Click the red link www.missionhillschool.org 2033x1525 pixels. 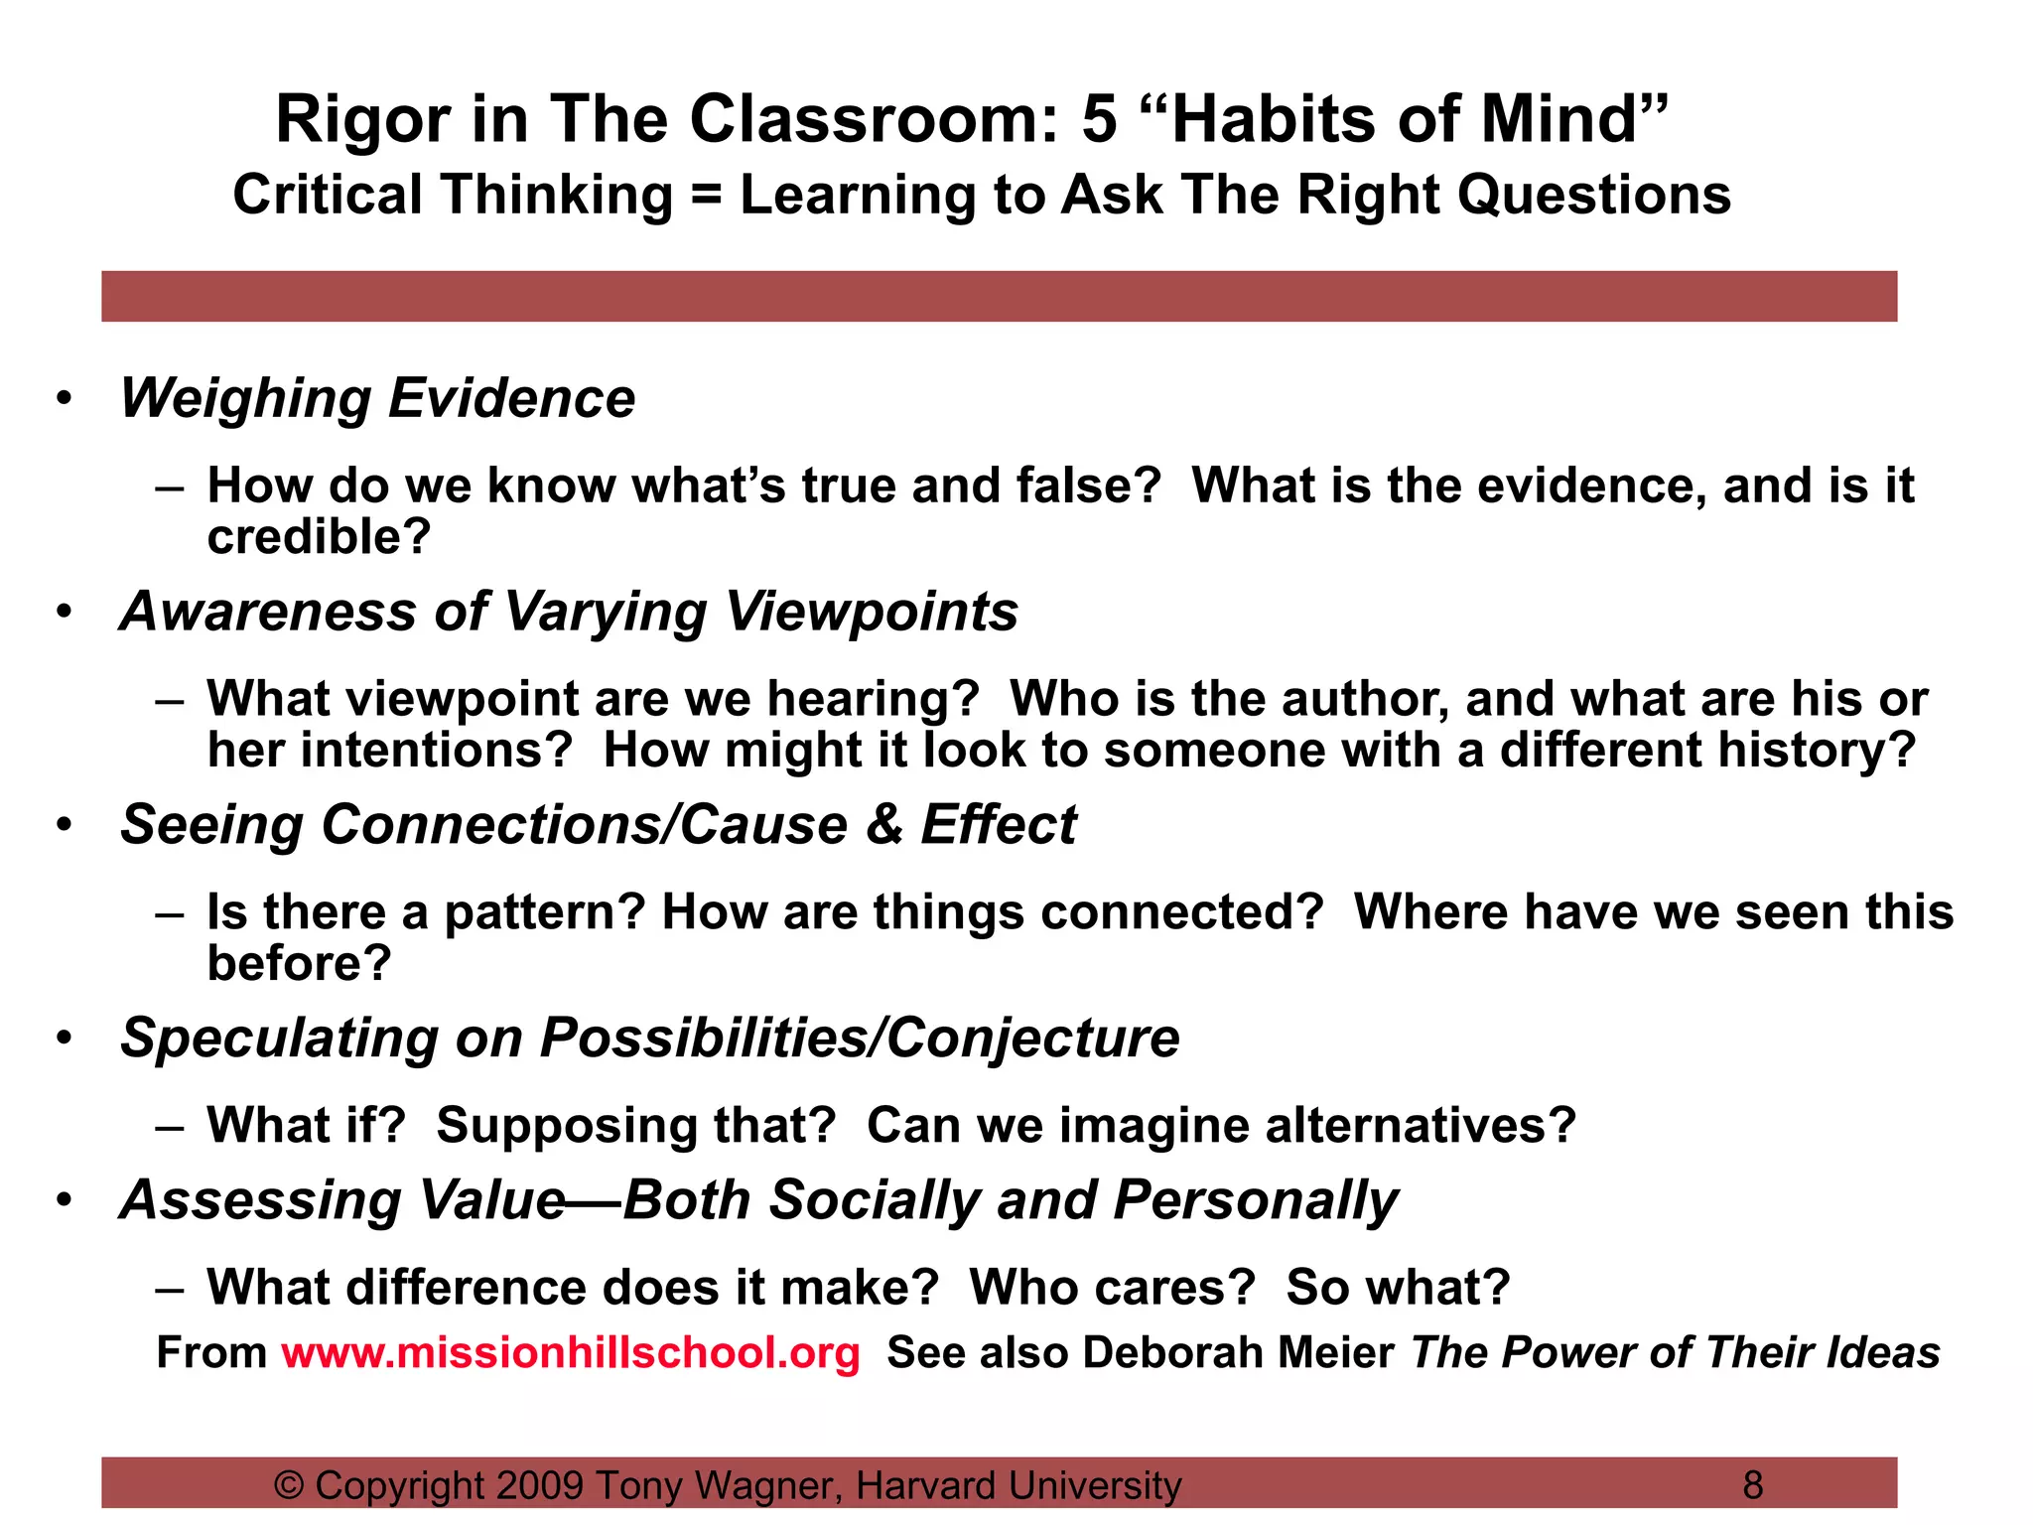point(570,1352)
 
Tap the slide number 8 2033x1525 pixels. point(1753,1485)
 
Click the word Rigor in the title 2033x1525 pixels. point(363,119)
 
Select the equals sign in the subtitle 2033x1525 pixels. point(706,195)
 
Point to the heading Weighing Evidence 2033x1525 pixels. point(377,399)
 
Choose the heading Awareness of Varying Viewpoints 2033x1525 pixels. point(569,612)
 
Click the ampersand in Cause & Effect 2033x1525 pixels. point(883,824)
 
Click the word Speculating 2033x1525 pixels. point(279,1040)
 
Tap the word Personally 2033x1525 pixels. point(1256,1200)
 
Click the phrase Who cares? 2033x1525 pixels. point(1113,1288)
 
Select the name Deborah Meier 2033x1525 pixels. point(1239,1352)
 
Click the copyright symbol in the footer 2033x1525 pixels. point(289,1485)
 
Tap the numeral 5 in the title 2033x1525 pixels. point(1099,119)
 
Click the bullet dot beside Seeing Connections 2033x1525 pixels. point(65,824)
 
